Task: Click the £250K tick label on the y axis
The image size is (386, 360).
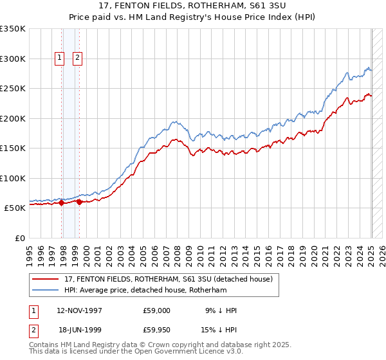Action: tap(13, 88)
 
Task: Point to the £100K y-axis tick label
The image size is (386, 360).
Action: tap(13, 178)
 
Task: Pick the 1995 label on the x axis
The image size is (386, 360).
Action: tap(30, 252)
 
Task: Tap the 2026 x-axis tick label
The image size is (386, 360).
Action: tap(373, 252)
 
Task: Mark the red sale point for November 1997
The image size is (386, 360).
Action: tap(62, 203)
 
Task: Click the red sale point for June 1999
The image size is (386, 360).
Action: tap(79, 202)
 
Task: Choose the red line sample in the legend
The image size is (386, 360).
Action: tap(46, 279)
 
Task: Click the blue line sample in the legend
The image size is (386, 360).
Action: tap(46, 290)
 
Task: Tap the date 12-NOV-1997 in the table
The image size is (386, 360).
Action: tap(80, 310)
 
